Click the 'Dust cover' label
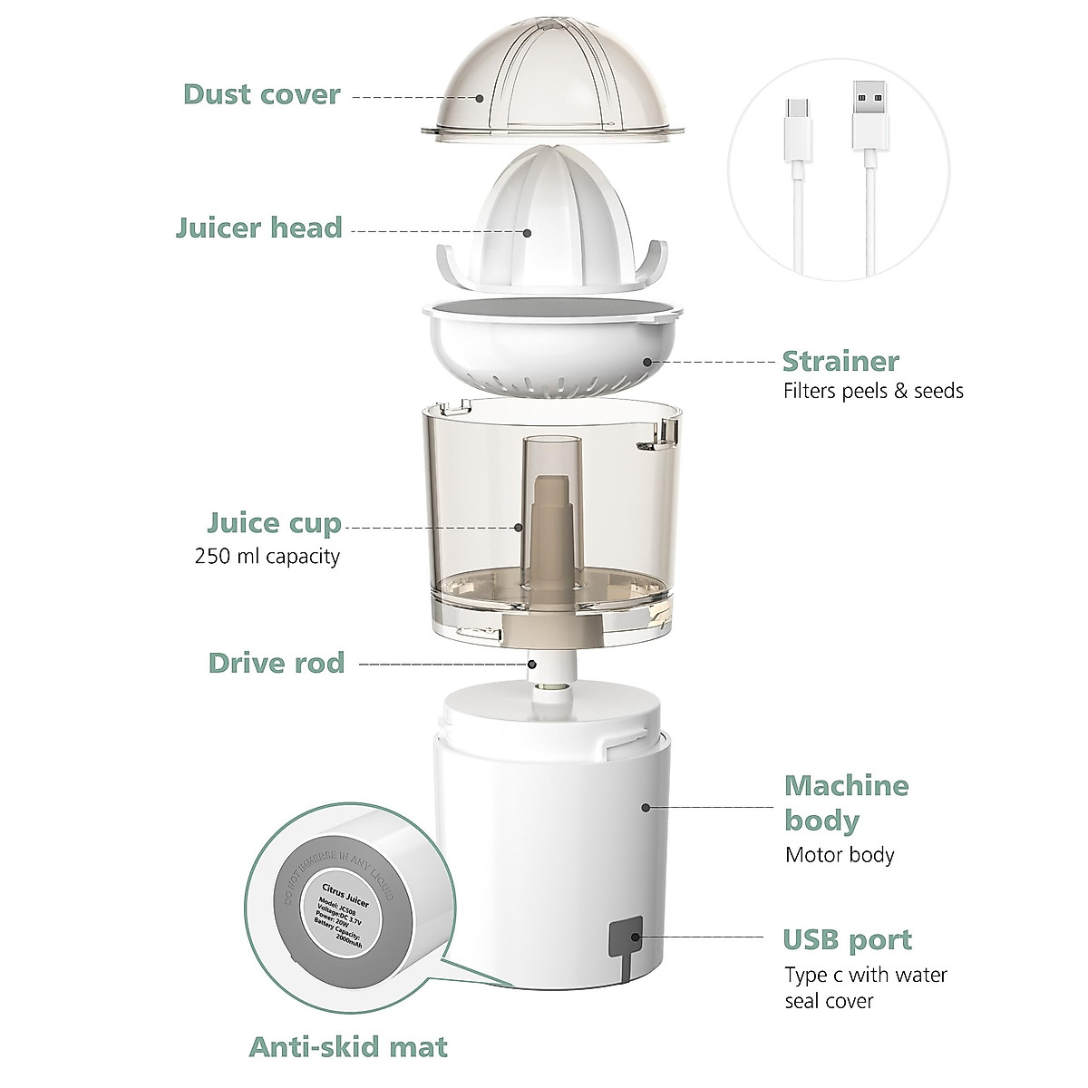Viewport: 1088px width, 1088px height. click(x=261, y=94)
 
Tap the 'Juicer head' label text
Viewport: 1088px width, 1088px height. click(x=258, y=227)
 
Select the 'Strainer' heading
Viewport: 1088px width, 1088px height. click(x=840, y=361)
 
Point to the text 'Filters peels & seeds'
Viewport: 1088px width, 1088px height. click(x=872, y=391)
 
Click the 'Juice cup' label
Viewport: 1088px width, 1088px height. click(x=274, y=523)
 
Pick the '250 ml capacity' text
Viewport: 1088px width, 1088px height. click(x=267, y=556)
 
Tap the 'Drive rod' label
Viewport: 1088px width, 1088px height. click(x=277, y=663)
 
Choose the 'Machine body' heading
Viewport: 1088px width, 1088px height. click(x=845, y=802)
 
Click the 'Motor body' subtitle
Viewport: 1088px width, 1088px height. click(x=840, y=855)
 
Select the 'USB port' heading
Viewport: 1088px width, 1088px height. click(x=847, y=939)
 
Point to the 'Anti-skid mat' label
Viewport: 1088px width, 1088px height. click(x=348, y=1047)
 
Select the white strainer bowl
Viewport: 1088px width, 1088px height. click(x=551, y=358)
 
